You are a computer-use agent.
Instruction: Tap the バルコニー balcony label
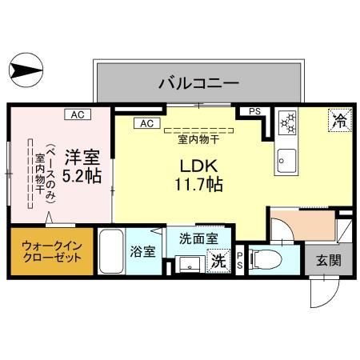[199, 82]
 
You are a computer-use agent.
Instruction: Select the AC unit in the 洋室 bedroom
[78, 115]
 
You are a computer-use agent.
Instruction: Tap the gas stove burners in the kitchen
[286, 123]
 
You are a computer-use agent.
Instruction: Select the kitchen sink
[285, 162]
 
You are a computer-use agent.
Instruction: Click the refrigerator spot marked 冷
[339, 122]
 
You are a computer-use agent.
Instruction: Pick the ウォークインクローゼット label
[50, 252]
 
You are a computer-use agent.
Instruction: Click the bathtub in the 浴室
[111, 252]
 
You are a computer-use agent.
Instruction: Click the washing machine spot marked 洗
[217, 259]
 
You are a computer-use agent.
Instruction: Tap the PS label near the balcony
[254, 112]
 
